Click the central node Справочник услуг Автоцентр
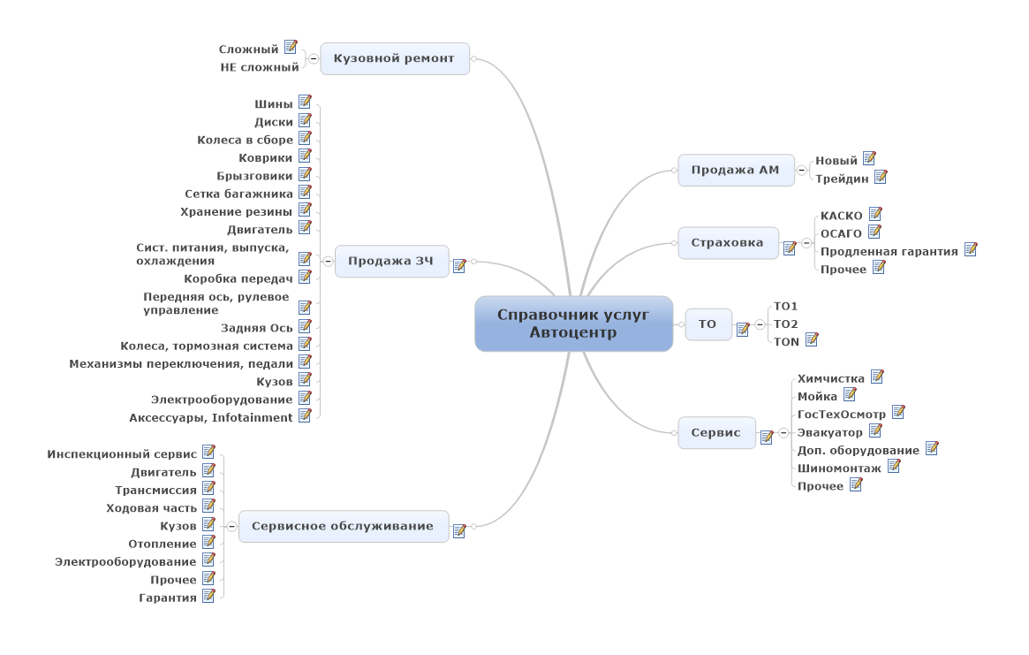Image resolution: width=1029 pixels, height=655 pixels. (x=573, y=324)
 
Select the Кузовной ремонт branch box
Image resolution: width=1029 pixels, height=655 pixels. (x=394, y=59)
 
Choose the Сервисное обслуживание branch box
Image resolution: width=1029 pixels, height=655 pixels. (x=343, y=526)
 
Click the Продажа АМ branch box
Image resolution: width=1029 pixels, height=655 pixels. (x=735, y=170)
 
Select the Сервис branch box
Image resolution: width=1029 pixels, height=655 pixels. (x=715, y=433)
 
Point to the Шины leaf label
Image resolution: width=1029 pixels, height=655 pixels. (x=273, y=104)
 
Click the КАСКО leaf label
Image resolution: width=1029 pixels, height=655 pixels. (x=841, y=216)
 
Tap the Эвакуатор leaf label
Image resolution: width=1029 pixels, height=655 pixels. (x=829, y=432)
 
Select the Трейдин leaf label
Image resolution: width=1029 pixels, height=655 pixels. (x=842, y=178)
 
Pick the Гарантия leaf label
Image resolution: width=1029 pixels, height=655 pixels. (x=168, y=598)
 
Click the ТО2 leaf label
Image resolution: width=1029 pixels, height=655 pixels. (x=785, y=324)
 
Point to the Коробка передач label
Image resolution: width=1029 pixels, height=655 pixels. (x=238, y=278)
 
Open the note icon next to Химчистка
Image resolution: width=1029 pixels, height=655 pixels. (x=877, y=377)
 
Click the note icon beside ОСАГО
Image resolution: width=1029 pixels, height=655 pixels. (x=874, y=232)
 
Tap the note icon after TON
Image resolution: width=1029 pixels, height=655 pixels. (x=812, y=339)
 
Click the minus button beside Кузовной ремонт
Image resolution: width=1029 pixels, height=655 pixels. (x=313, y=59)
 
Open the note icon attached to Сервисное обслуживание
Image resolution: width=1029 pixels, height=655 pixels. (x=459, y=530)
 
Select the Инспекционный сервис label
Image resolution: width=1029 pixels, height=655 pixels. (x=122, y=453)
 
